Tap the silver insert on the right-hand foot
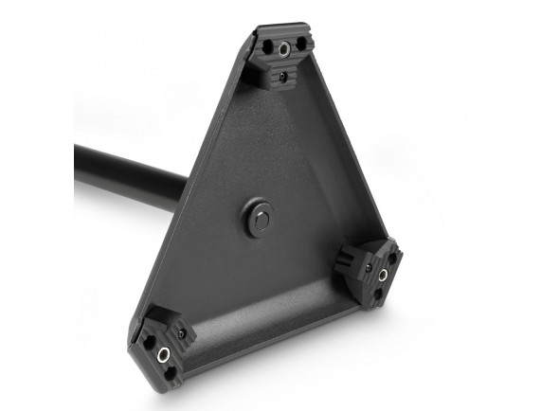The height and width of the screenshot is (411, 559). click(x=383, y=276)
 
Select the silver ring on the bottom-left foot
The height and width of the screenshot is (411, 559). click(x=163, y=353)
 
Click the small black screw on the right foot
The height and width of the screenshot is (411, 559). click(x=359, y=265)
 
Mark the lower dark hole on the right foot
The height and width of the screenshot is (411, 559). click(x=377, y=293)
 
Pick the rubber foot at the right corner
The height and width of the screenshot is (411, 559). click(x=374, y=273)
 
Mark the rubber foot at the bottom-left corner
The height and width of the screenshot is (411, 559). click(x=162, y=347)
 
